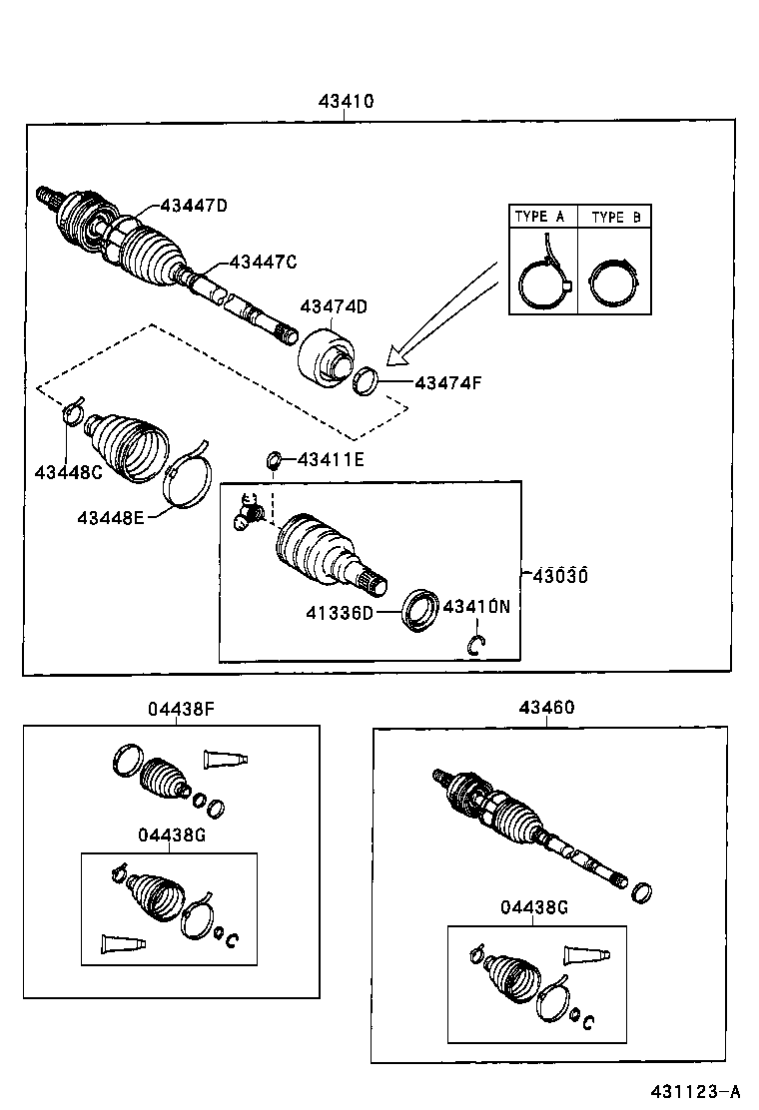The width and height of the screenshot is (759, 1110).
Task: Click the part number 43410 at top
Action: [346, 101]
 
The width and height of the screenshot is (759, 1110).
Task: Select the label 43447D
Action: [194, 206]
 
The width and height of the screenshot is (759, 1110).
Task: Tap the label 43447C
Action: [263, 262]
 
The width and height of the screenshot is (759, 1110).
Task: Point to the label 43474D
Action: [334, 306]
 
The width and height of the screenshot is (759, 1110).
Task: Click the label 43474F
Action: [448, 381]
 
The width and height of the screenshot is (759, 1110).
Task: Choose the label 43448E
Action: [111, 516]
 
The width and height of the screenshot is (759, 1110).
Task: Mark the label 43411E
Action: [330, 459]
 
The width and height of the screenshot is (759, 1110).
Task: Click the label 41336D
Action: [339, 611]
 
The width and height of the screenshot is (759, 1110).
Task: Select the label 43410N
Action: [476, 606]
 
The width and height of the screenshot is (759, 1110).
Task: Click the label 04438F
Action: [182, 709]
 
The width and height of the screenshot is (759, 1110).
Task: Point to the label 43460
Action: [546, 708]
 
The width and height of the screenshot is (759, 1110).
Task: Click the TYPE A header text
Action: [539, 217]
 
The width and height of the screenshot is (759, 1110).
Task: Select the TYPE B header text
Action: [615, 217]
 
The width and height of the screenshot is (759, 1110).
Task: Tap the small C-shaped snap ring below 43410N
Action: [477, 646]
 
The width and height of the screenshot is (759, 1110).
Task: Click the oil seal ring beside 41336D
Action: [419, 611]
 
